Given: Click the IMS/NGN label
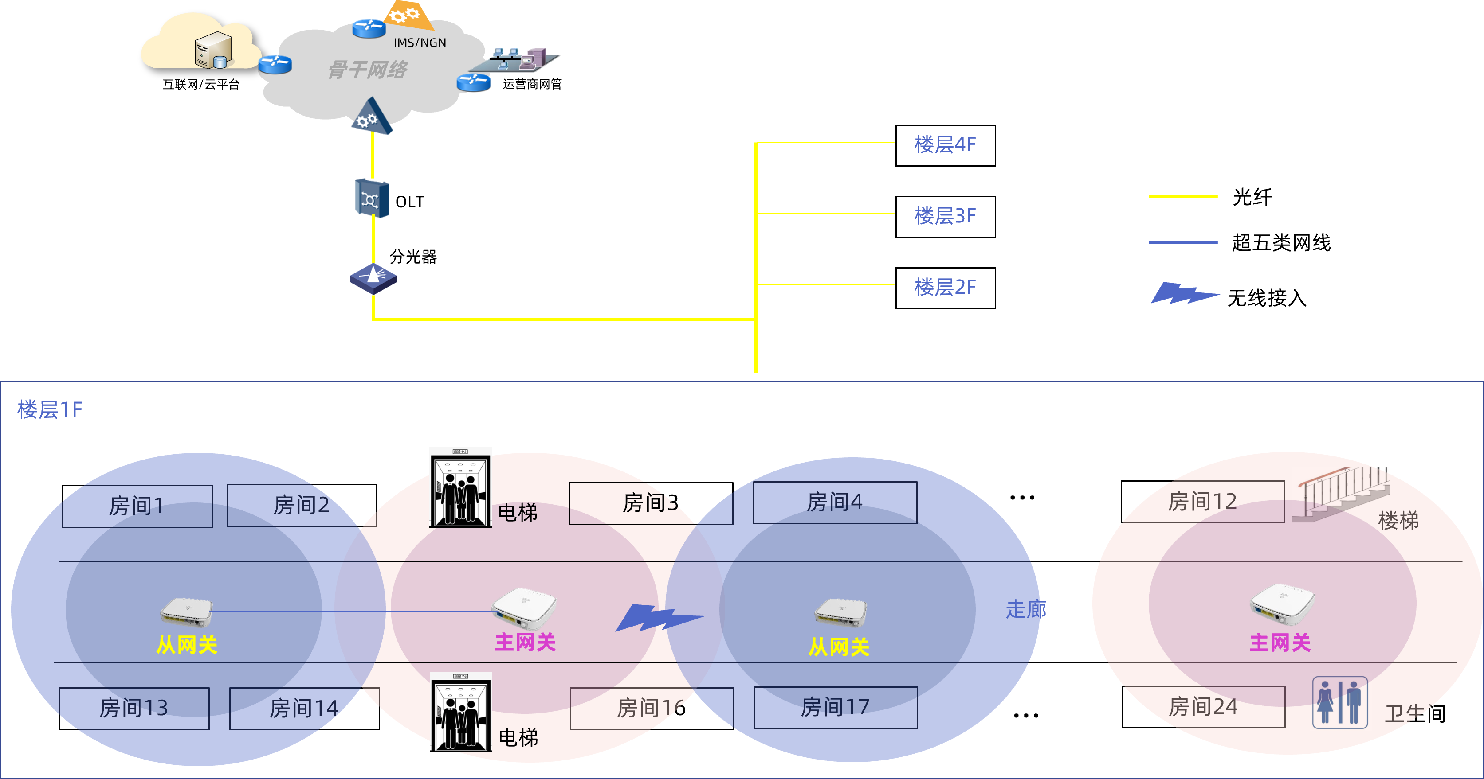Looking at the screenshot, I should [x=420, y=43].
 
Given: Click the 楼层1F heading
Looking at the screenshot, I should [x=50, y=409].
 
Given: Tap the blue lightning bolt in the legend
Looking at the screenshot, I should [x=1185, y=292].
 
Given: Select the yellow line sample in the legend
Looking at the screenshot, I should [x=1183, y=196].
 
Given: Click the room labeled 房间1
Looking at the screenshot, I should [x=137, y=506].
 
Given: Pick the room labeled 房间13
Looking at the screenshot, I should [x=134, y=708].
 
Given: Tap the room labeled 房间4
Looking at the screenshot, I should [x=835, y=502].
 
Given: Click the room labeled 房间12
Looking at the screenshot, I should [x=1202, y=502].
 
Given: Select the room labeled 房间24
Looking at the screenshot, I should [x=1203, y=706].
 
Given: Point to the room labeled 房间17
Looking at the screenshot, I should [x=835, y=707].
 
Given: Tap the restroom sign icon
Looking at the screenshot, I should [x=1340, y=701].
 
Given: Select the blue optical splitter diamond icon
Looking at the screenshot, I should [x=373, y=278].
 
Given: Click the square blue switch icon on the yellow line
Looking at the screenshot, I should [x=372, y=198].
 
